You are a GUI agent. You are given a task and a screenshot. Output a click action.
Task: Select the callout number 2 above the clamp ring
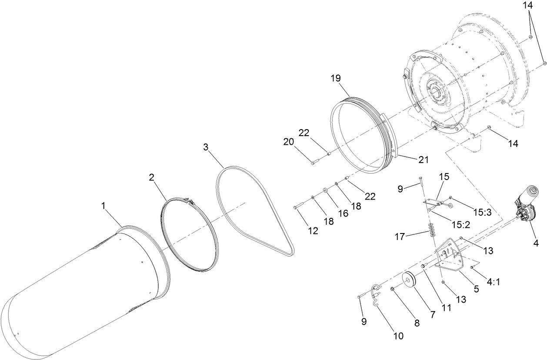click(x=151, y=177)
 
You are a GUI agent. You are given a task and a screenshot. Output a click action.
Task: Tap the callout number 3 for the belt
click(x=206, y=147)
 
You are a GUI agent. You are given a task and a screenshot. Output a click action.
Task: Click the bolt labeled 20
click(x=315, y=162)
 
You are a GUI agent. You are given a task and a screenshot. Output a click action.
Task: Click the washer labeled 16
click(x=325, y=191)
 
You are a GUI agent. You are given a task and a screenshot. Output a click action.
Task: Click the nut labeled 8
click(x=393, y=288)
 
